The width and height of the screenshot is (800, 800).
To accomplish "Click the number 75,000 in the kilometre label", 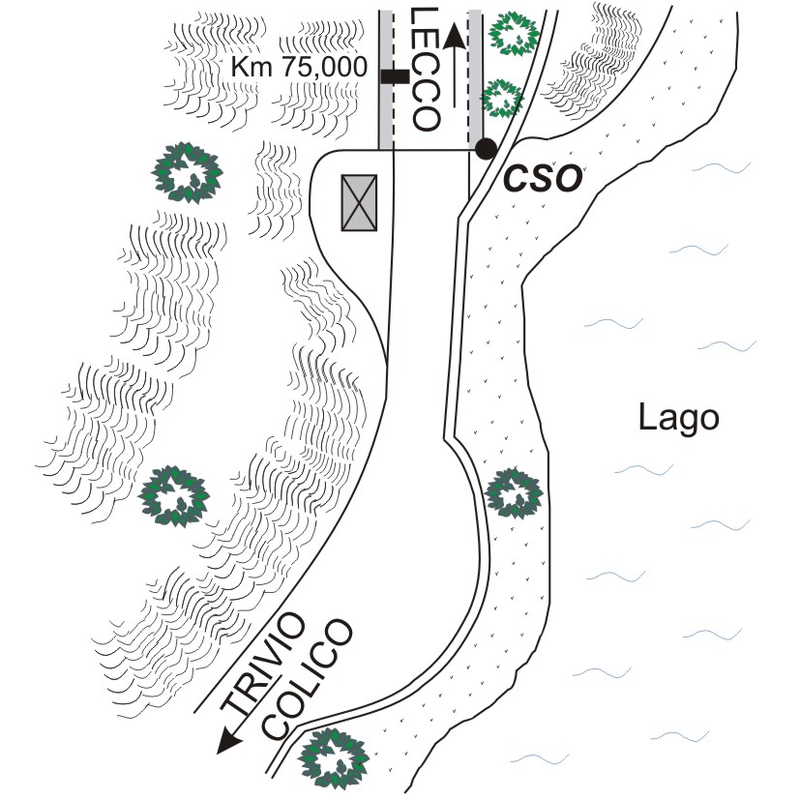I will point(325,67).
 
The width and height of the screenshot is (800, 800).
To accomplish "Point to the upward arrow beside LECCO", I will point(455,68).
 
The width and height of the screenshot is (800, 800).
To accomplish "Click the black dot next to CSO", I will point(486,149).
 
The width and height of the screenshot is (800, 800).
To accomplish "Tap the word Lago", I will point(679,419).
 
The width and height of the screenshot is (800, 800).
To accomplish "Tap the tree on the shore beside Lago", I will point(512,493).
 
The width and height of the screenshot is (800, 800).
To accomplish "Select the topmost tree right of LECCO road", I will point(514,33).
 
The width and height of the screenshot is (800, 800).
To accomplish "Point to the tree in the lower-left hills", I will point(174,495).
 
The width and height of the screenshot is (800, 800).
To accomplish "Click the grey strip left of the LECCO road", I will point(385,77).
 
